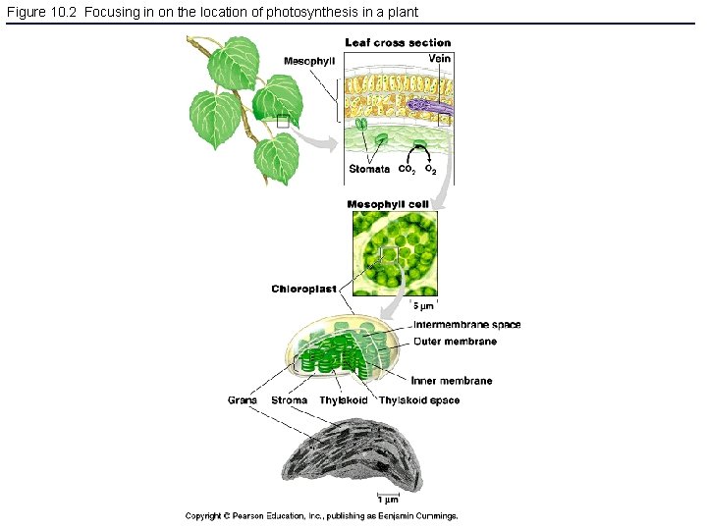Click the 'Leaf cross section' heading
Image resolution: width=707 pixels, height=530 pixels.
pyautogui.click(x=398, y=43)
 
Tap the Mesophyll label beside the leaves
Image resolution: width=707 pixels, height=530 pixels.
pyautogui.click(x=309, y=61)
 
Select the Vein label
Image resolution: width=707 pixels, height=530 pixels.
pyautogui.click(x=440, y=59)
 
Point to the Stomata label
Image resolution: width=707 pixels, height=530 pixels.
pyautogui.click(x=369, y=169)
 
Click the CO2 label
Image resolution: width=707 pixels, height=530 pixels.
pyautogui.click(x=405, y=170)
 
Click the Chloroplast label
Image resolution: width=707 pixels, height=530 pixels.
pyautogui.click(x=303, y=289)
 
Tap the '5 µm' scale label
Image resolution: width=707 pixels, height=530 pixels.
pyautogui.click(x=422, y=306)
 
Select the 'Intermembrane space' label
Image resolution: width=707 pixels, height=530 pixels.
pyautogui.click(x=466, y=325)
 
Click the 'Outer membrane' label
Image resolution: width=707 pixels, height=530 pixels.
pyautogui.click(x=455, y=342)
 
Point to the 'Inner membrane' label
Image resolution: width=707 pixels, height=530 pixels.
pyautogui.click(x=453, y=381)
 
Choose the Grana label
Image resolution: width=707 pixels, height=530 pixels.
pyautogui.click(x=243, y=400)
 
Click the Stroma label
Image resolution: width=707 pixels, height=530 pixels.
pyautogui.click(x=289, y=400)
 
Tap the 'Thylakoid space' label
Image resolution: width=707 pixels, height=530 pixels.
pyautogui.click(x=419, y=400)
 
